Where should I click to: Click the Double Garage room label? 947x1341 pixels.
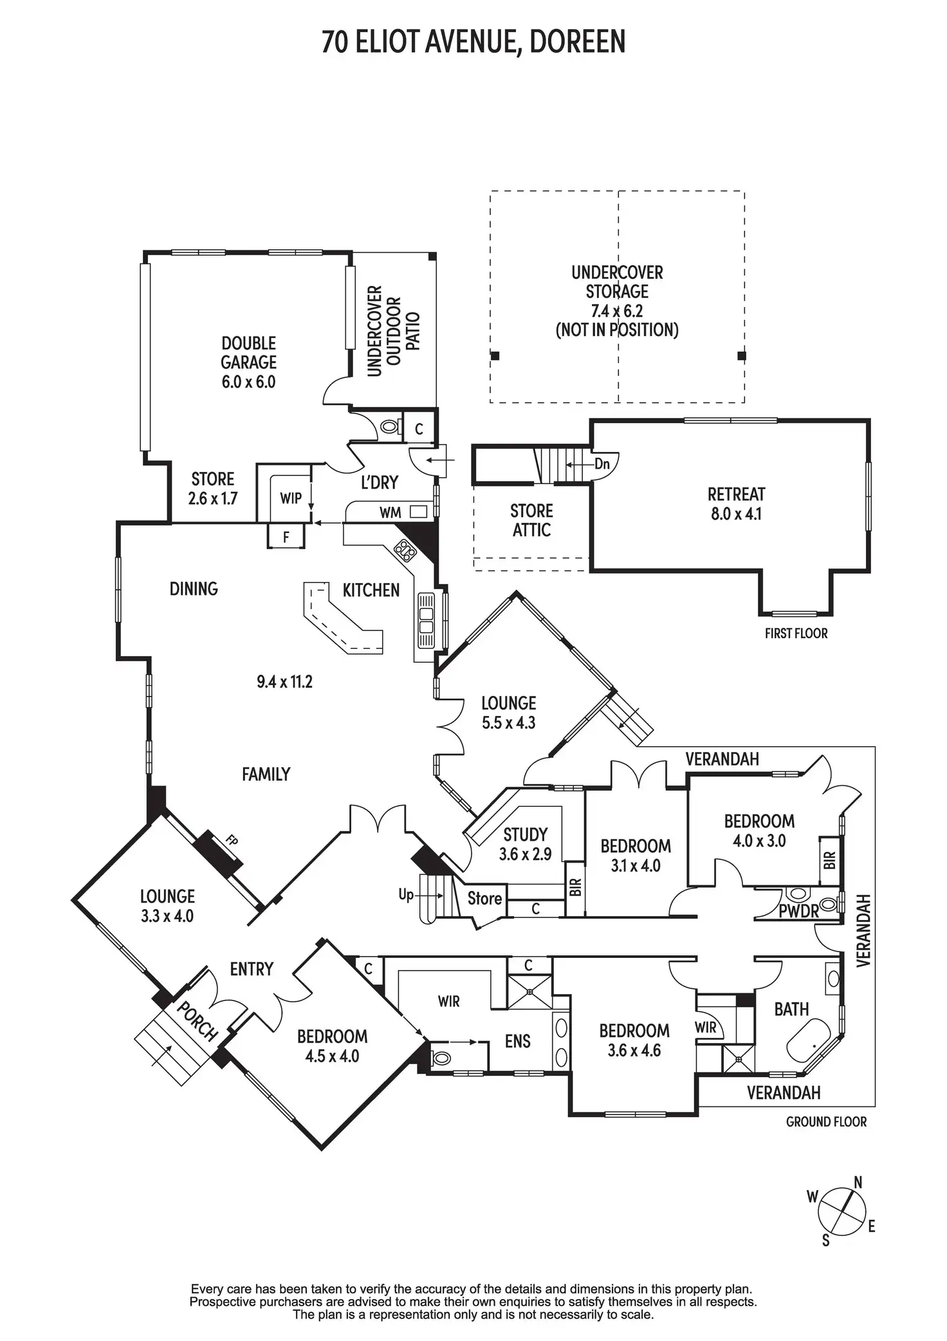point(248,353)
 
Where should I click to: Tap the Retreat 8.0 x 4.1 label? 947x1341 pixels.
point(736,504)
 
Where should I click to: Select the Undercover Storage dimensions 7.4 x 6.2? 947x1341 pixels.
point(616,311)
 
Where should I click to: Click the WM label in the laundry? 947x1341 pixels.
point(391,512)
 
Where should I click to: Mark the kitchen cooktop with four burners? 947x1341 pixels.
point(405,549)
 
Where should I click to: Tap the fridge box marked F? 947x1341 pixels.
point(286,537)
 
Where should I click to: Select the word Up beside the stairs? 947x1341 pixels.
point(406,894)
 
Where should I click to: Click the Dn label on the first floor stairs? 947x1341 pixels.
point(602,464)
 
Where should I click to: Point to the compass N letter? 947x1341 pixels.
point(858,1182)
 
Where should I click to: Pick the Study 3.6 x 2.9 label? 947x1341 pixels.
point(525,844)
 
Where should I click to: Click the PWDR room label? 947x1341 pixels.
point(798,911)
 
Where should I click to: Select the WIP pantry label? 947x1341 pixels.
point(291,498)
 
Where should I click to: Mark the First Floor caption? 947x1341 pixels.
point(796,633)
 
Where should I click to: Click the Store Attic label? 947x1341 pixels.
point(531,520)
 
